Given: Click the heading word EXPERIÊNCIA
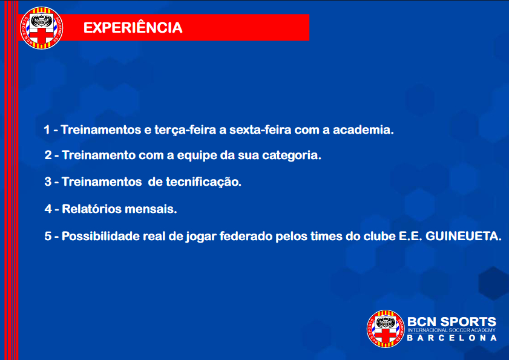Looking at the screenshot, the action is click(133, 27).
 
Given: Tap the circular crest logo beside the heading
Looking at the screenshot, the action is click(41, 28).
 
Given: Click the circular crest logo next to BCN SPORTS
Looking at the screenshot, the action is click(386, 329).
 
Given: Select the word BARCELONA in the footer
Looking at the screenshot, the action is click(452, 338).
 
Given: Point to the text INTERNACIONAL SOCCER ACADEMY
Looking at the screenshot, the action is click(452, 330).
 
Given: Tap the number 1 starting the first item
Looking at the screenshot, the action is click(47, 129).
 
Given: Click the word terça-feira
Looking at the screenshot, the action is click(185, 130).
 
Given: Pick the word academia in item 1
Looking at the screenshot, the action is click(363, 129).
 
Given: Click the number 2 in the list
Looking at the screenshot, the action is click(48, 155).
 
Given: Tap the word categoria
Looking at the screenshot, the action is click(292, 155).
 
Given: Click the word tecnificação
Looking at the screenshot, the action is click(203, 182).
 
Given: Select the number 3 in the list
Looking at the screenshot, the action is click(48, 182).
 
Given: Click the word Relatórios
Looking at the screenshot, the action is click(91, 209).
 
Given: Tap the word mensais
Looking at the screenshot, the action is click(151, 209).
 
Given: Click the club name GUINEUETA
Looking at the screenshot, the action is click(463, 236).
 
